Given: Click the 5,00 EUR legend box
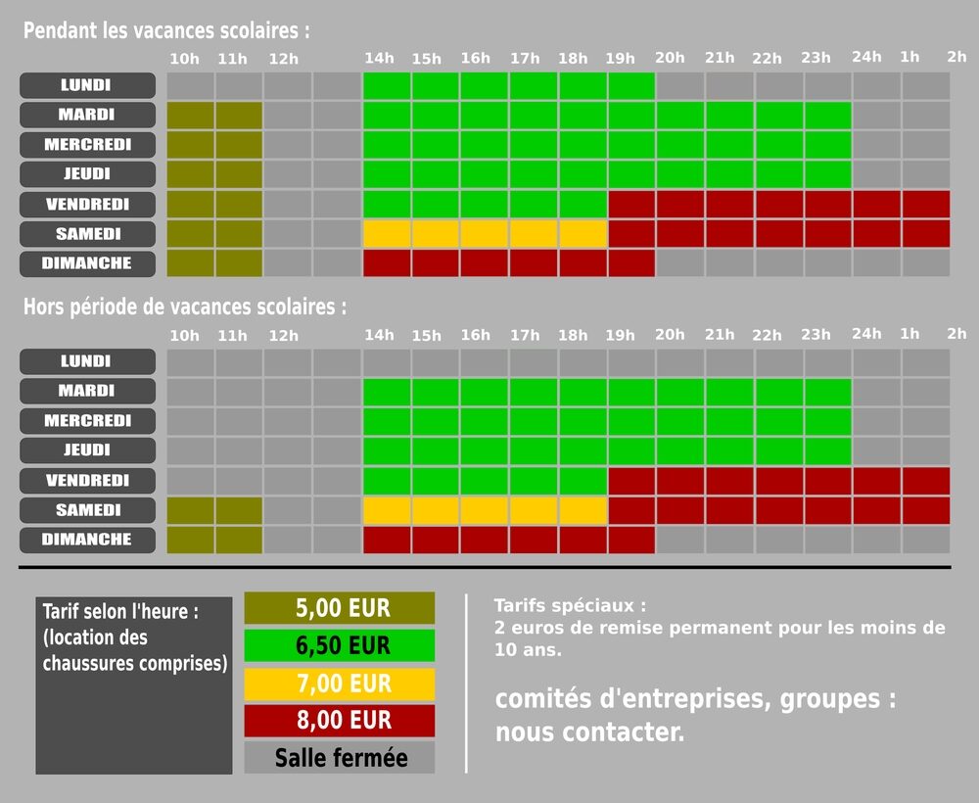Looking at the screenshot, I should pyautogui.click(x=339, y=608).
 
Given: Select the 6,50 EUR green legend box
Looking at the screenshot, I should pyautogui.click(x=339, y=645).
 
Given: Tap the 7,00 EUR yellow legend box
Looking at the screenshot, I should pyautogui.click(x=339, y=683).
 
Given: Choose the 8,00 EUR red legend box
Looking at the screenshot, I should pyautogui.click(x=339, y=720).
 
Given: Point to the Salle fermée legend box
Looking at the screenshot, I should pyautogui.click(x=339, y=757).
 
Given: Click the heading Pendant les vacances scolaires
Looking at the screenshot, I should pyautogui.click(x=166, y=30).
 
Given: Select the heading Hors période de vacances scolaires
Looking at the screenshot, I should pyautogui.click(x=185, y=307).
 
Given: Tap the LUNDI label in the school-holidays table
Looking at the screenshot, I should pyautogui.click(x=87, y=85).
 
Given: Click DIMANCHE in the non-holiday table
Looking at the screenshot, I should pyautogui.click(x=87, y=540).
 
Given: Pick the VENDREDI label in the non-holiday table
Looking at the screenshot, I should pyautogui.click(x=87, y=481).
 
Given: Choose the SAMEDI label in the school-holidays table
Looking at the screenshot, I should pyautogui.click(x=87, y=234).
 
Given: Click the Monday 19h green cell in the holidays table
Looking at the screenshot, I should pyautogui.click(x=631, y=85).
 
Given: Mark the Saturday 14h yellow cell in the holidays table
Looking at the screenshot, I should pyautogui.click(x=387, y=234).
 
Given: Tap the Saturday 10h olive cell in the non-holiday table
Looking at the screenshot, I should pyautogui.click(x=191, y=510).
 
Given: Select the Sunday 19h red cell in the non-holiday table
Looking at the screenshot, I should pyautogui.click(x=631, y=540).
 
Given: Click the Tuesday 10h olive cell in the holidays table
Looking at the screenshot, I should pyautogui.click(x=191, y=116).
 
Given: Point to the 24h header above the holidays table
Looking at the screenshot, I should pyautogui.click(x=866, y=57).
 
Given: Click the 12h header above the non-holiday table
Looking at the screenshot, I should pyautogui.click(x=283, y=335).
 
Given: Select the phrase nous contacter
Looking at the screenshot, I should pyautogui.click(x=589, y=732).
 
